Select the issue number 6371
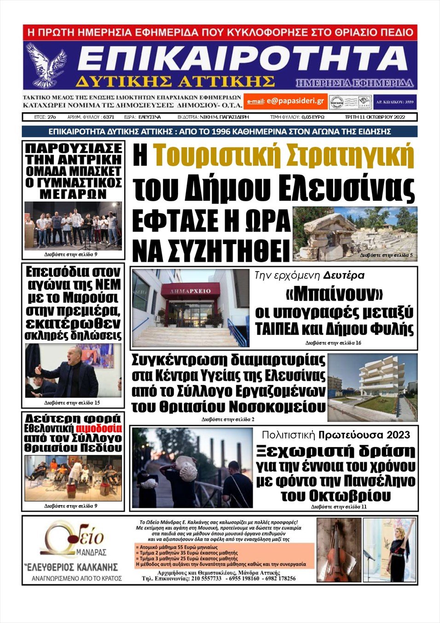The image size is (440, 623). (109, 117)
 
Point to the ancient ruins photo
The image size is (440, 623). (355, 233)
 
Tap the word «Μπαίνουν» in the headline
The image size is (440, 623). (334, 293)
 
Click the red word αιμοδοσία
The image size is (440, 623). (99, 428)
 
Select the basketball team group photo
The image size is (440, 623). (73, 226)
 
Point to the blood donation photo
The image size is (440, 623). (73, 478)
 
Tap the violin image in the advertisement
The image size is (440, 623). (339, 550)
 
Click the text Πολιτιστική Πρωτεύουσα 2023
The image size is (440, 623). (336, 435)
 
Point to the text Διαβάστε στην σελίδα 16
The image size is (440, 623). (333, 343)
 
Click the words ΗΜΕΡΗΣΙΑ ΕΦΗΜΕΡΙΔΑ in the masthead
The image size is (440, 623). (354, 83)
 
